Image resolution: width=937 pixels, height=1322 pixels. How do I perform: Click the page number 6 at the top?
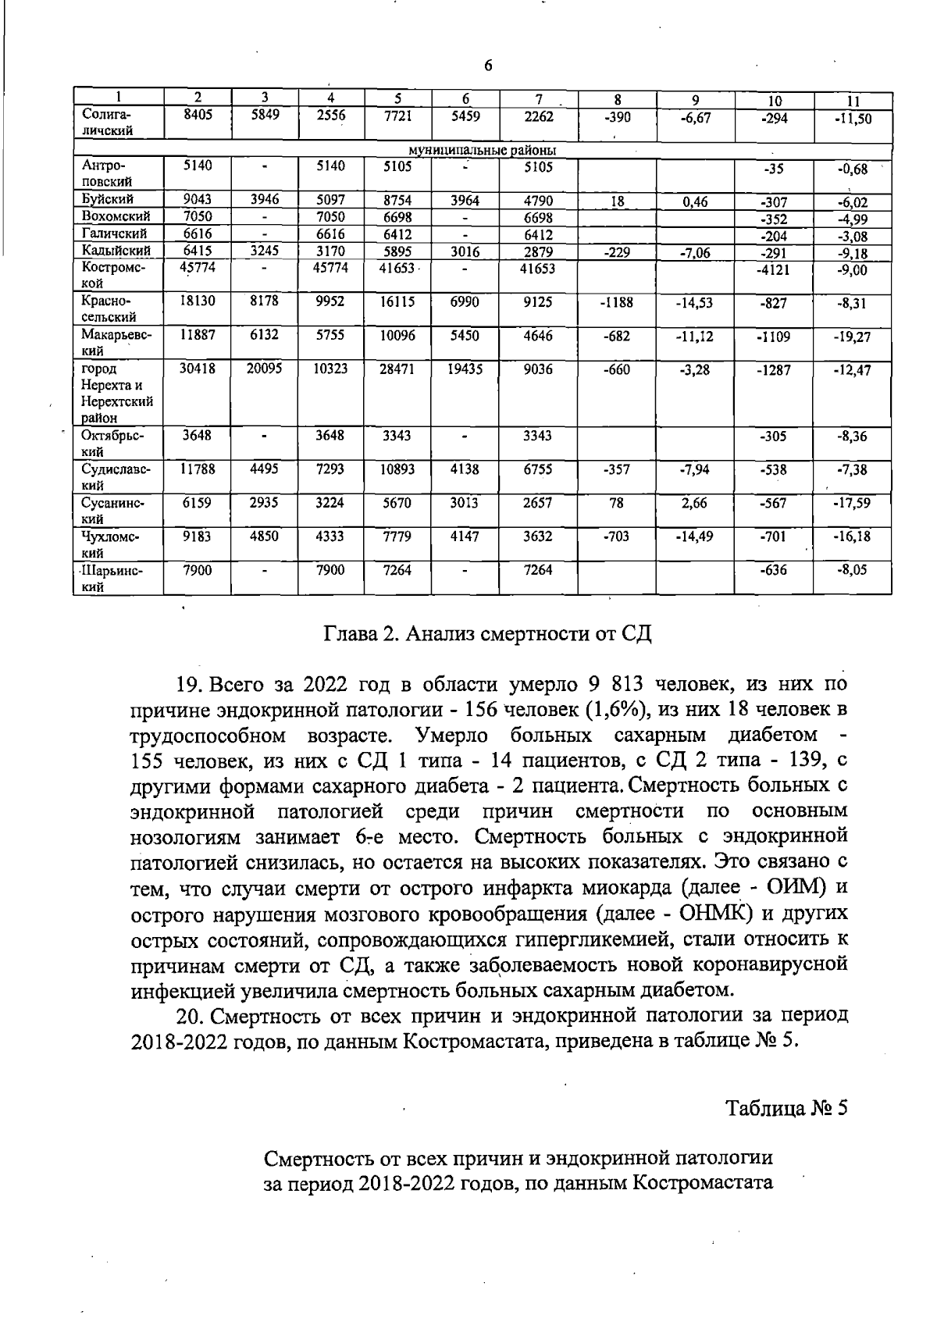[x=488, y=66]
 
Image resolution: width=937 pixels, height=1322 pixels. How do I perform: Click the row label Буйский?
[x=108, y=200]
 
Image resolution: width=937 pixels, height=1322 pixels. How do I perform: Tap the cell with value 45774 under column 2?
[x=198, y=267]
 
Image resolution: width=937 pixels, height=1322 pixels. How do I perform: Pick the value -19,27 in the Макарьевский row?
[x=852, y=337]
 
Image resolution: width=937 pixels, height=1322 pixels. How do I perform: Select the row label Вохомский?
[x=116, y=216]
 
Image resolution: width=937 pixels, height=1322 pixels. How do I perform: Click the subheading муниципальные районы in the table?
[x=483, y=150]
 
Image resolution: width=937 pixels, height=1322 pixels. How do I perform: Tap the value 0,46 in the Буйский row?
[x=694, y=202]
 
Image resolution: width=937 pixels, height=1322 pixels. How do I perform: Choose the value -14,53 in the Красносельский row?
[x=694, y=303]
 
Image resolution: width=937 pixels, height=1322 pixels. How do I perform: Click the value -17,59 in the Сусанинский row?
[x=852, y=504]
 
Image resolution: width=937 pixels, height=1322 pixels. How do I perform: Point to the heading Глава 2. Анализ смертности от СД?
[x=487, y=633]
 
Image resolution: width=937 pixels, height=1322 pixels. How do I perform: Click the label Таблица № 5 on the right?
[x=786, y=1108]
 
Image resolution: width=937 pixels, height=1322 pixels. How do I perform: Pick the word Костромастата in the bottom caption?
[x=701, y=1183]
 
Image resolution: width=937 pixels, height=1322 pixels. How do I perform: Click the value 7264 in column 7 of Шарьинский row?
[x=539, y=571]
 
